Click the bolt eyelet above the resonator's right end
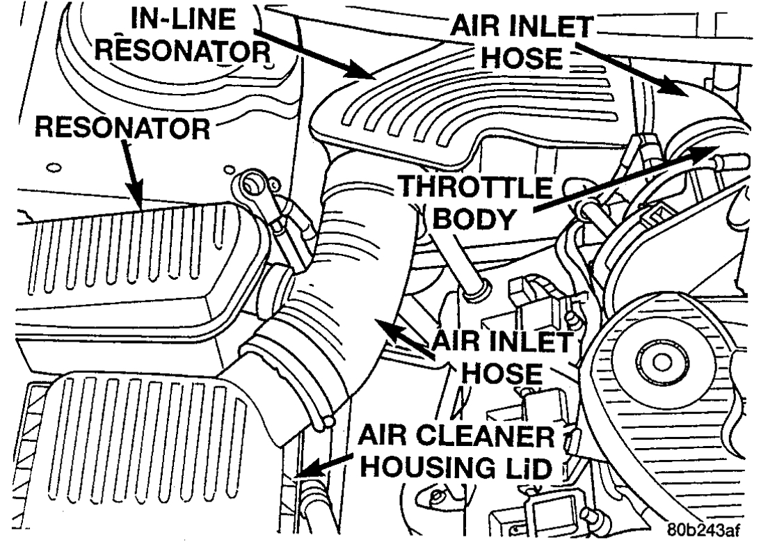248,186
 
